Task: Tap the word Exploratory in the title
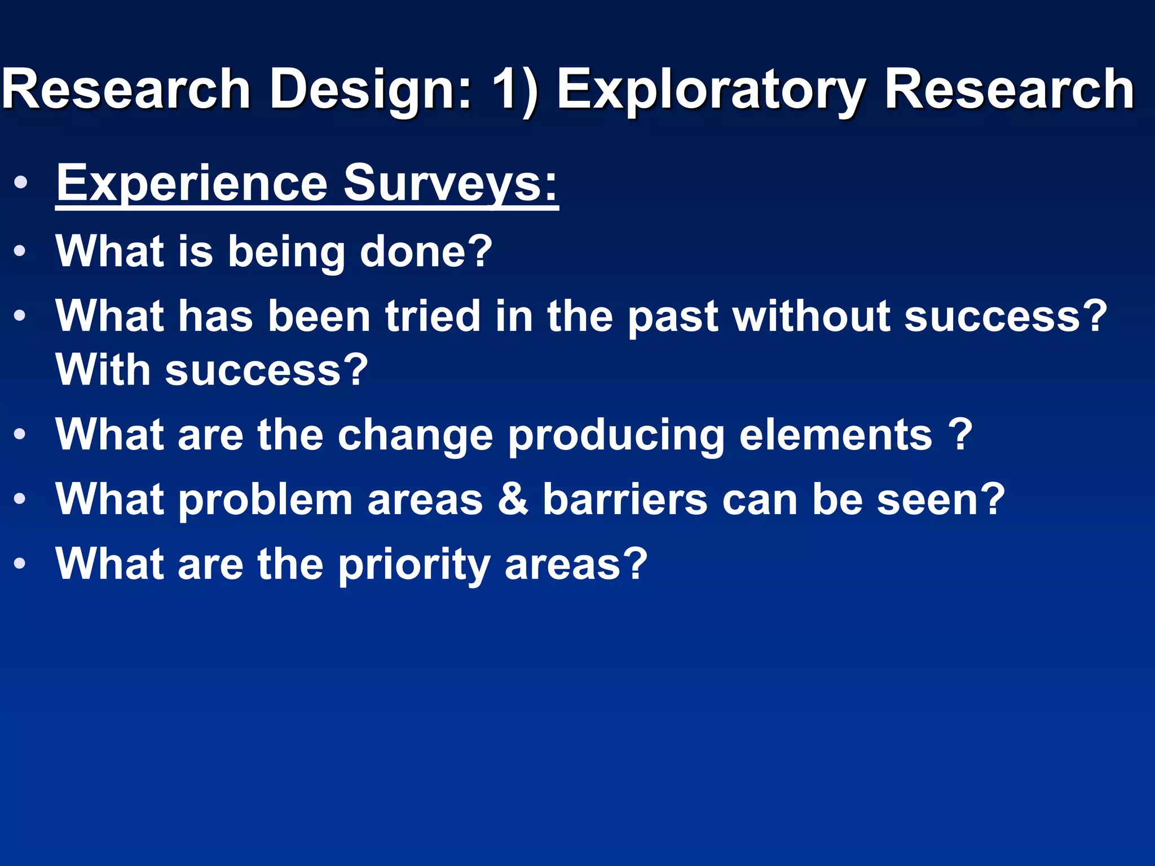pos(710,90)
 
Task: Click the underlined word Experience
pos(192,183)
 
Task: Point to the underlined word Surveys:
pos(451,183)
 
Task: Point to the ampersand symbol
pos(513,500)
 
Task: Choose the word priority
pos(415,565)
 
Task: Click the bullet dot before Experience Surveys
pos(20,183)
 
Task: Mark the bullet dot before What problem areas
pos(20,499)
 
